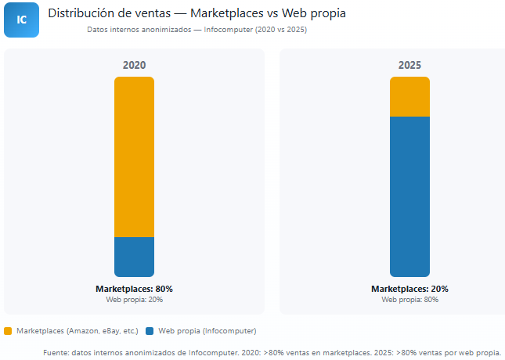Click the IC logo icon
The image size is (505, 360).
pyautogui.click(x=21, y=20)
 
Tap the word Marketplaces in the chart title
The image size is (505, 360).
pyautogui.click(x=227, y=13)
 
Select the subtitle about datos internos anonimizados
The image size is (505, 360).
pyautogui.click(x=197, y=30)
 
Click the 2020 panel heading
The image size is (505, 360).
pyautogui.click(x=134, y=66)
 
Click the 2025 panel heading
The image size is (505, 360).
pyautogui.click(x=409, y=66)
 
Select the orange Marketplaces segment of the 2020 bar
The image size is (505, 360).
pyautogui.click(x=134, y=157)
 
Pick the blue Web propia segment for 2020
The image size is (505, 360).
pyautogui.click(x=134, y=257)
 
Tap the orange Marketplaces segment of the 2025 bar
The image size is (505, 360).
pyautogui.click(x=409, y=96)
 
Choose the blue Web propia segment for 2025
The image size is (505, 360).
pyautogui.click(x=409, y=196)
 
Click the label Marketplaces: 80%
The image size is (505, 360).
pyautogui.click(x=134, y=289)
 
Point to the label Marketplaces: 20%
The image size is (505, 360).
pyautogui.click(x=409, y=289)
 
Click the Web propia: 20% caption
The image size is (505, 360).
pyautogui.click(x=134, y=300)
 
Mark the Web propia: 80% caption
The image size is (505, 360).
pyautogui.click(x=409, y=300)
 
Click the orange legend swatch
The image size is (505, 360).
pyautogui.click(x=9, y=331)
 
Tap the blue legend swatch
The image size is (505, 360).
pyautogui.click(x=150, y=331)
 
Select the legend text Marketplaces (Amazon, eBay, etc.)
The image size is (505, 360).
pyautogui.click(x=77, y=331)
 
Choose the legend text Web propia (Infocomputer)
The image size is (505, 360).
pyautogui.click(x=207, y=331)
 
